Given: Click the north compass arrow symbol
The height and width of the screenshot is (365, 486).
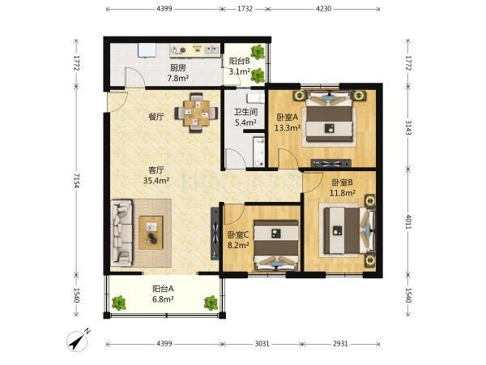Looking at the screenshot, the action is pos(78,340).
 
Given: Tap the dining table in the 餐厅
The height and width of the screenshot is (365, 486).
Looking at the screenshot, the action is pos(196,113).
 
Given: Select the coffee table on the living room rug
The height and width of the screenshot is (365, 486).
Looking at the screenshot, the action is pos(151,233).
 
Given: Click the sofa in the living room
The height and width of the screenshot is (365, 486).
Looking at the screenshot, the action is pos(122,233).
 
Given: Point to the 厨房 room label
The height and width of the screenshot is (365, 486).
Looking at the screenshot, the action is pos(178,67).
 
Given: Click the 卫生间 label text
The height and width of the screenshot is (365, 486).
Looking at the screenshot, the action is pos(245,112).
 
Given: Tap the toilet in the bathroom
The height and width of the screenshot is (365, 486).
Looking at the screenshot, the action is pos(255,98).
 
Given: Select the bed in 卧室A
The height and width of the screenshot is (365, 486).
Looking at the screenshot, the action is pos(329,116).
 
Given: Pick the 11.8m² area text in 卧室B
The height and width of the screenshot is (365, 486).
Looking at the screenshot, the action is pos(342,193).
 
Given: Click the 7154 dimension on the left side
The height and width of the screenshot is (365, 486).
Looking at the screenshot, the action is pos(77,180).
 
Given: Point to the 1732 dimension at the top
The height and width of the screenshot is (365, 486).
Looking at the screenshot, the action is pos(245,9).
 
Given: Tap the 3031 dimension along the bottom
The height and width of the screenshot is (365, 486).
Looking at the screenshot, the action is pos(262,344).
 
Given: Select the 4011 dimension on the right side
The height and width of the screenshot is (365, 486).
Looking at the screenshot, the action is pos(408,221).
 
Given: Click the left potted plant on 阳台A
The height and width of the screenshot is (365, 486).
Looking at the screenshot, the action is pos(119,303).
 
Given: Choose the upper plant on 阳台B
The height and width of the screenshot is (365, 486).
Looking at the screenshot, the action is pos(258,52).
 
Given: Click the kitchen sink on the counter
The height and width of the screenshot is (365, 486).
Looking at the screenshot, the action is pos(211,49).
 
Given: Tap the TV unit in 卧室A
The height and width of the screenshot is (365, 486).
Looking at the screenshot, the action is pos(330,164).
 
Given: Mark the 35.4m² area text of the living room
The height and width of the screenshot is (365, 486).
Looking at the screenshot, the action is pos(156,181).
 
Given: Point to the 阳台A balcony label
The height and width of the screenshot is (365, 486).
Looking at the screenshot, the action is pos(163,289).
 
